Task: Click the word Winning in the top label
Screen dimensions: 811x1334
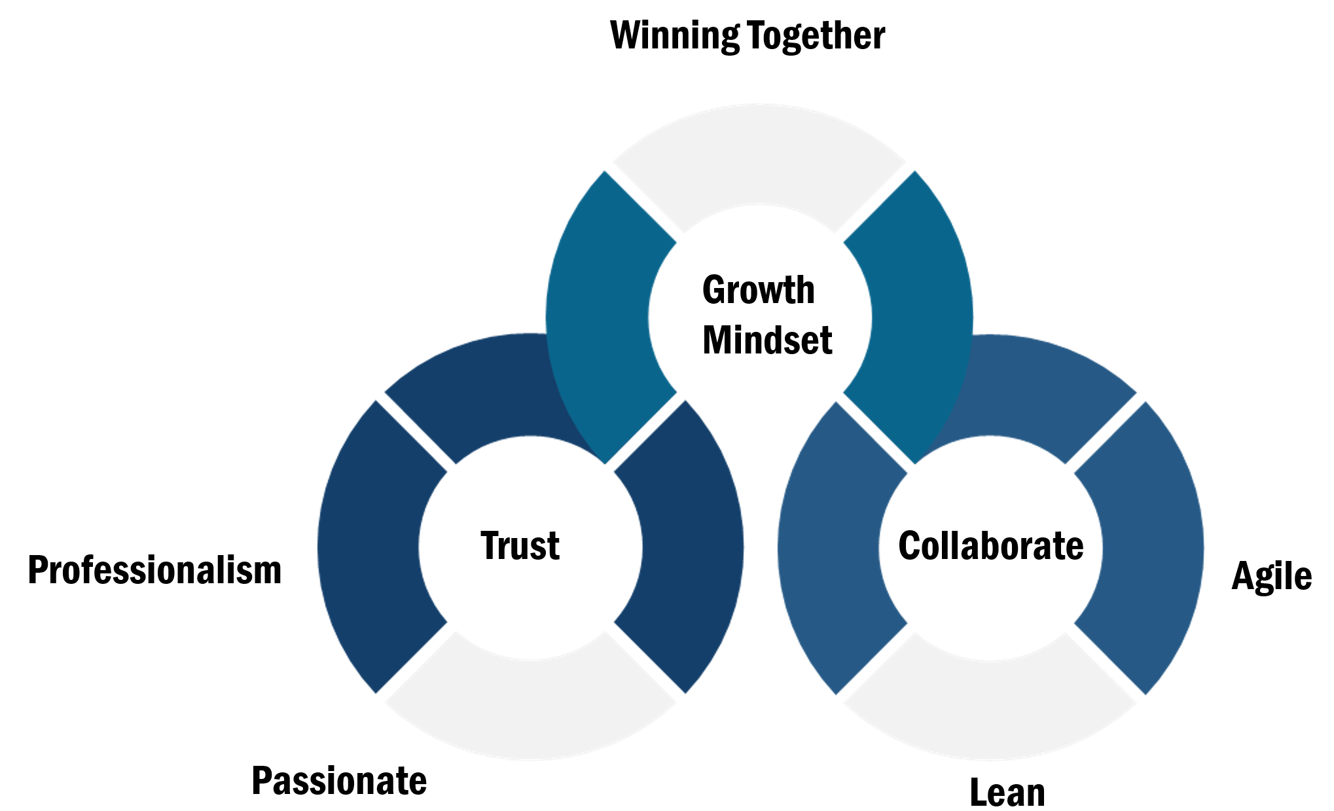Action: (675, 36)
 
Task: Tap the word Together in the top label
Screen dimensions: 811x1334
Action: (816, 36)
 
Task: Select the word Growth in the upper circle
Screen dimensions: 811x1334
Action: (758, 290)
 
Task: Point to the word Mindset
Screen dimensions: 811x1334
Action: (766, 340)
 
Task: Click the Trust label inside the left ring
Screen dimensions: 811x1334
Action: (520, 546)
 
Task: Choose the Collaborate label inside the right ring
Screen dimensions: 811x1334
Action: (990, 546)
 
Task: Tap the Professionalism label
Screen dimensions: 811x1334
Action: (154, 570)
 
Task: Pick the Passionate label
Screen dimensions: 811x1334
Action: (339, 781)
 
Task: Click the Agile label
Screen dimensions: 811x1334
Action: (1271, 577)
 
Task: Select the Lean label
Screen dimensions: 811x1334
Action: (1007, 793)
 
